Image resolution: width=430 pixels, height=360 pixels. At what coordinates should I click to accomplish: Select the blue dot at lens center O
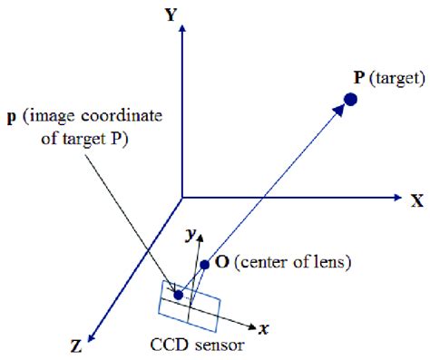tap(206, 265)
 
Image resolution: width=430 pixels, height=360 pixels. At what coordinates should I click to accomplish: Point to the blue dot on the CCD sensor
tap(180, 294)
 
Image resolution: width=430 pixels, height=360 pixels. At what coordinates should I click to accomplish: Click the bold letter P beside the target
tap(362, 78)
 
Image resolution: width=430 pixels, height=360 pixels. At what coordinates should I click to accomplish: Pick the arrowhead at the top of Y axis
tap(183, 30)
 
